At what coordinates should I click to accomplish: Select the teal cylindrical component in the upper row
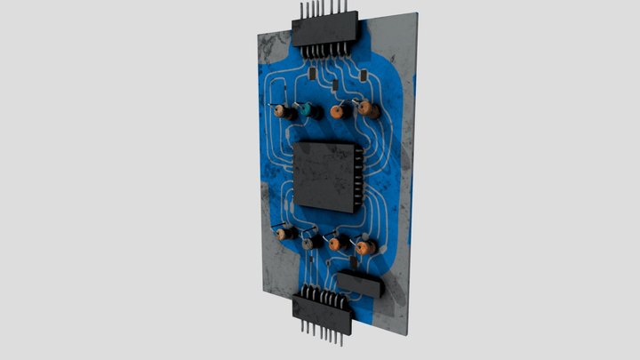(307, 110)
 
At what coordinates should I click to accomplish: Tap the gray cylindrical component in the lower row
(309, 242)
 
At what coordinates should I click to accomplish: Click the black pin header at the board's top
(324, 34)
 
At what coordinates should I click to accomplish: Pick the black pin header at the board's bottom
(324, 308)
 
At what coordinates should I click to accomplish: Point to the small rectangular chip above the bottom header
(360, 284)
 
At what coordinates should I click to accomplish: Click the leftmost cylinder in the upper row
(281, 112)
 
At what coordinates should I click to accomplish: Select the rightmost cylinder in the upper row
(367, 110)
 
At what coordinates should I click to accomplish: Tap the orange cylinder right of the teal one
(337, 112)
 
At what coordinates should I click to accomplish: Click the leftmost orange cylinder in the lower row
(283, 234)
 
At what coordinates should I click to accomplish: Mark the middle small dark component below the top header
(334, 86)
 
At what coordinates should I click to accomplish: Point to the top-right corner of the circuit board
(415, 14)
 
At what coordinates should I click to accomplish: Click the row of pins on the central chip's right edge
(358, 177)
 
